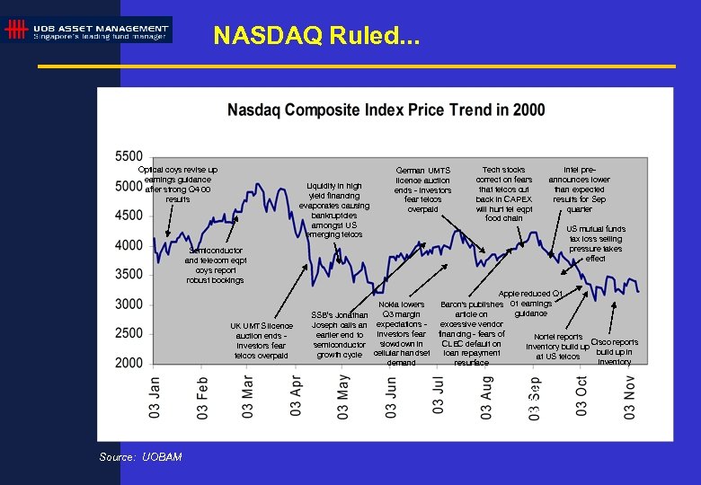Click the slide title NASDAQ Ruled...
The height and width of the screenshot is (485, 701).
[x=315, y=36]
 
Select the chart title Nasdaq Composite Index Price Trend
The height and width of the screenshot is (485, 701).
[x=386, y=110]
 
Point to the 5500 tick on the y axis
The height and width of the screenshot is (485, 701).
[x=129, y=157]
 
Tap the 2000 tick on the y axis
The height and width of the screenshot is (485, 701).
[x=129, y=363]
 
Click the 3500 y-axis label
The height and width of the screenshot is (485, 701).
[x=129, y=275]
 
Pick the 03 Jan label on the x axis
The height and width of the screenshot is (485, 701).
[x=155, y=396]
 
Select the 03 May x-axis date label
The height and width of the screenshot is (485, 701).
[x=343, y=396]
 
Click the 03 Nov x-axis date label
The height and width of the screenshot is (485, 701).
[x=629, y=396]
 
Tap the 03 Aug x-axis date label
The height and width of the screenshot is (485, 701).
[x=486, y=396]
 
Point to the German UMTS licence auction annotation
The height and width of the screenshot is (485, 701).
[x=422, y=190]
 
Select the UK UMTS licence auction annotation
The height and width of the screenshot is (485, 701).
[x=261, y=340]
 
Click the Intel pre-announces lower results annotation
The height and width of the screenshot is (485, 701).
[x=579, y=189]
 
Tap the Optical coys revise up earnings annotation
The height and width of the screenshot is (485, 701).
[x=178, y=184]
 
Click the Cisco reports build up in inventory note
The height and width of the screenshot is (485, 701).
[x=614, y=352]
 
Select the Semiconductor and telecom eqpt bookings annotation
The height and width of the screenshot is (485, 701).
[x=215, y=265]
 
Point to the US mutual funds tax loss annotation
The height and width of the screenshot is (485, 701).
[x=596, y=243]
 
